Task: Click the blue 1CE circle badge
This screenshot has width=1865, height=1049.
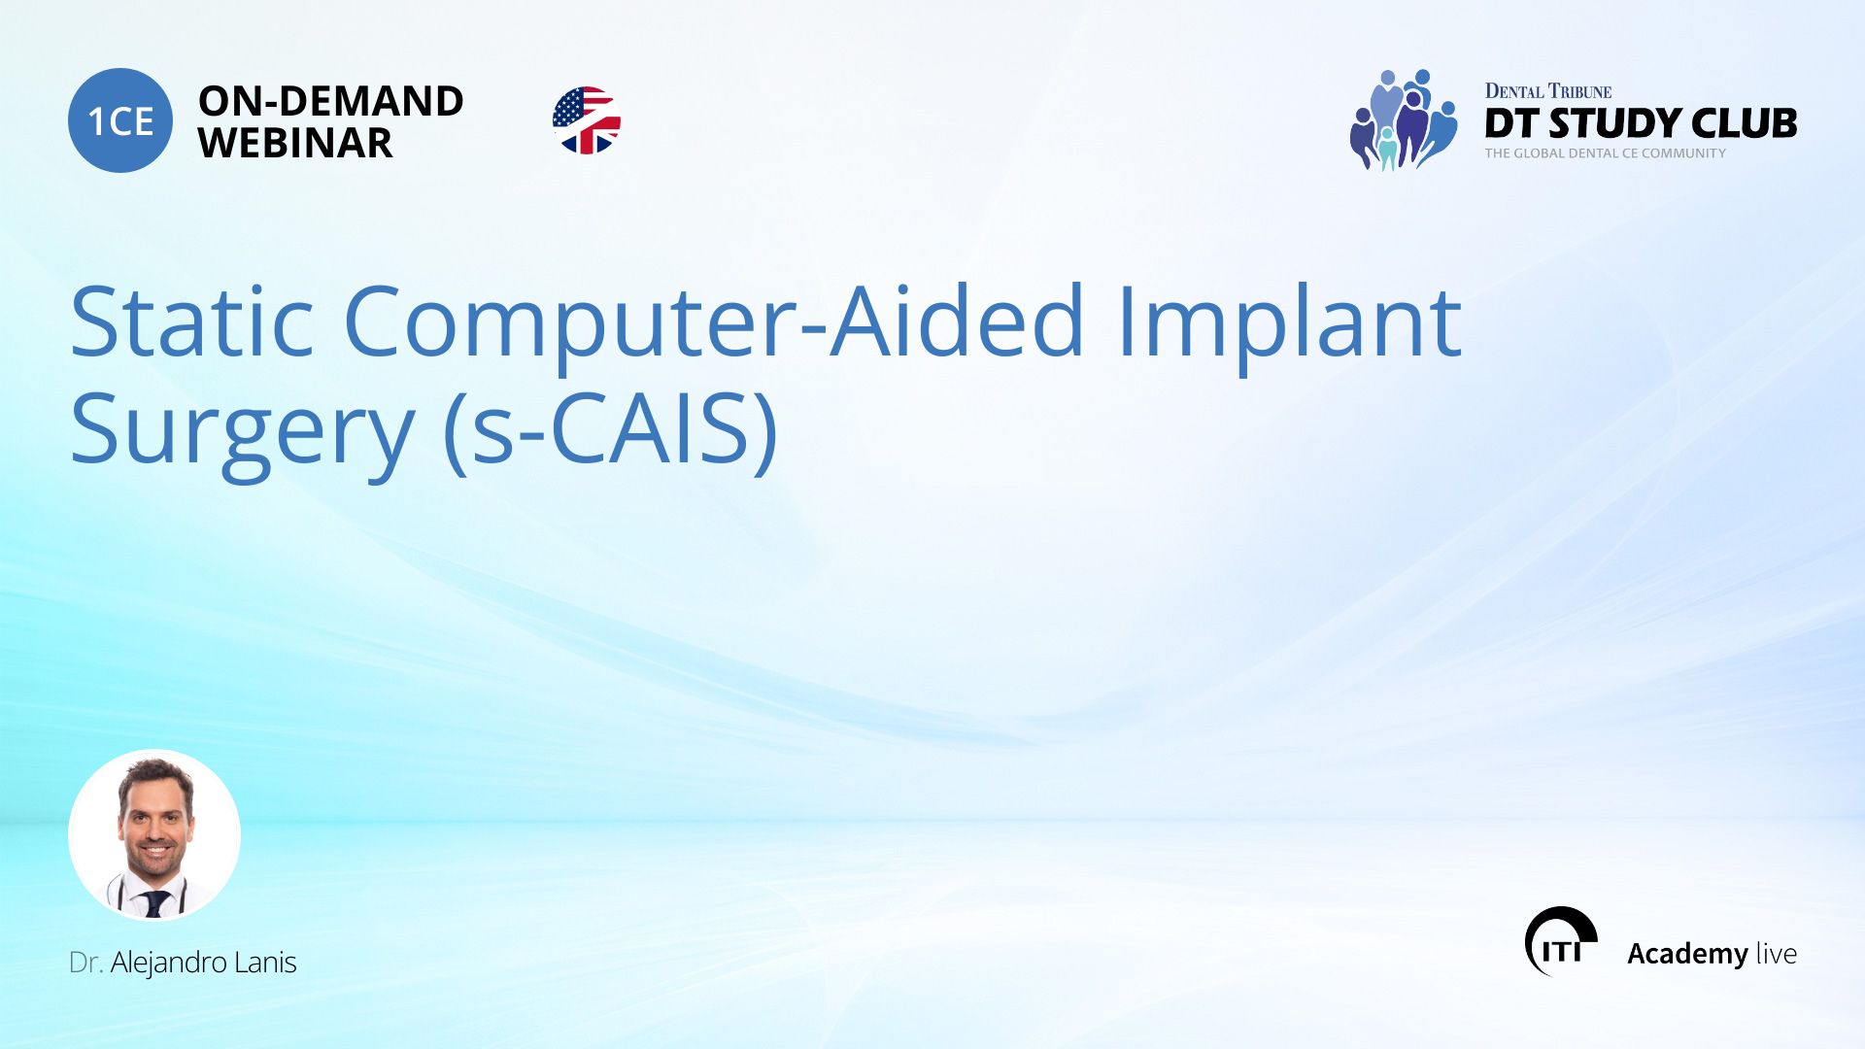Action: point(120,120)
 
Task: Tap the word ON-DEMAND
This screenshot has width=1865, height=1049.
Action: point(330,101)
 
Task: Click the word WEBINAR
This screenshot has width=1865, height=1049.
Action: point(295,144)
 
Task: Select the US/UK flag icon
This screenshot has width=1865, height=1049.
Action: point(586,120)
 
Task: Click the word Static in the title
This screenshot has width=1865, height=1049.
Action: point(191,321)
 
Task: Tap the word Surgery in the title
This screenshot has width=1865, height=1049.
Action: point(242,430)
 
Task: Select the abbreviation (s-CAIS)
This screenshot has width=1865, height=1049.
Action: point(610,430)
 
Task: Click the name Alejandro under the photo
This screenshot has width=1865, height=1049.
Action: point(168,963)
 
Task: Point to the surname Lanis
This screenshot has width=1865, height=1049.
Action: point(265,963)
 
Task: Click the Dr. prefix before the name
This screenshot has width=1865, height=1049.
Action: point(85,963)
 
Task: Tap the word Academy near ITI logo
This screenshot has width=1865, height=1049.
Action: point(1687,954)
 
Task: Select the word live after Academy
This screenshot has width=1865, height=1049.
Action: point(1776,954)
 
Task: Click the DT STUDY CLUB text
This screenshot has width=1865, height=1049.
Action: point(1640,123)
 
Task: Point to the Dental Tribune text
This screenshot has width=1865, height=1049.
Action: point(1547,91)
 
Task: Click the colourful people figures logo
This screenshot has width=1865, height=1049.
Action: point(1402,120)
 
